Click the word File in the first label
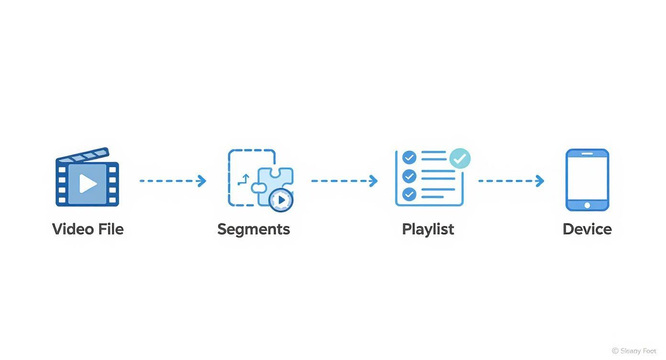(111, 229)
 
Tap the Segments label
(254, 229)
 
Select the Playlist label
(428, 229)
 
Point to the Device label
(587, 229)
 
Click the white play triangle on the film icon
(88, 184)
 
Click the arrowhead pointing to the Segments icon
(202, 181)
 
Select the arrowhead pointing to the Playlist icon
(374, 181)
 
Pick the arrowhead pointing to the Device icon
(540, 181)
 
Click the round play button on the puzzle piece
(281, 200)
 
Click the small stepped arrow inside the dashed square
(244, 180)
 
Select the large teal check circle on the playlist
(460, 158)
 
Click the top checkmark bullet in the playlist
(409, 157)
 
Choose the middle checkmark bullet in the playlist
(409, 176)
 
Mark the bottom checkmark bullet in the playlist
(409, 194)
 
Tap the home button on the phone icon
(587, 205)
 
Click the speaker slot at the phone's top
(587, 154)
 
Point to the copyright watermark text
(634, 351)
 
